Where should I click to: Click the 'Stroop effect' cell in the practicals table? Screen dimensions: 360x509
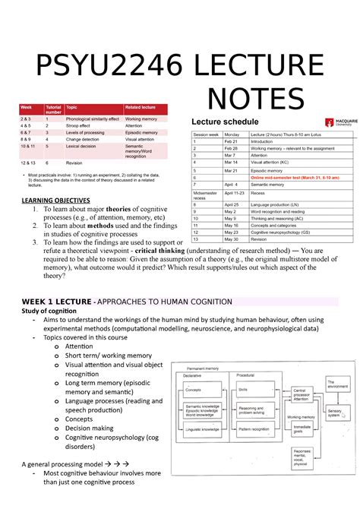pos(82,125)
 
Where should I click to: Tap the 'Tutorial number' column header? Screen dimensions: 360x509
pos(53,110)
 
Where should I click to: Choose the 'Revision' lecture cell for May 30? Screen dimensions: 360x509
pos(261,239)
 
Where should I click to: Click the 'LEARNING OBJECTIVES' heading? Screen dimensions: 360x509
pos(55,200)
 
